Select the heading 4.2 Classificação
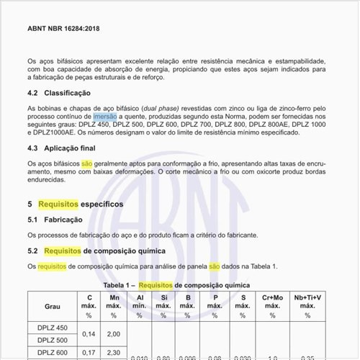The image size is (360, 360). tap(59, 94)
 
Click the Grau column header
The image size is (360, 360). tap(53, 306)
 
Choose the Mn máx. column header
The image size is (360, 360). tap(114, 306)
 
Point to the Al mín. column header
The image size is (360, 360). tap(140, 306)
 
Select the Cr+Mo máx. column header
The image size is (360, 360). tap(272, 306)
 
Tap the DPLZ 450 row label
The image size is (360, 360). tap(52, 328)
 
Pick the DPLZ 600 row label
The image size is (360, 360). tap(52, 353)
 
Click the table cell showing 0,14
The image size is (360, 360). tap(89, 334)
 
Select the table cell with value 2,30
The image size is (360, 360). tap(114, 353)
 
